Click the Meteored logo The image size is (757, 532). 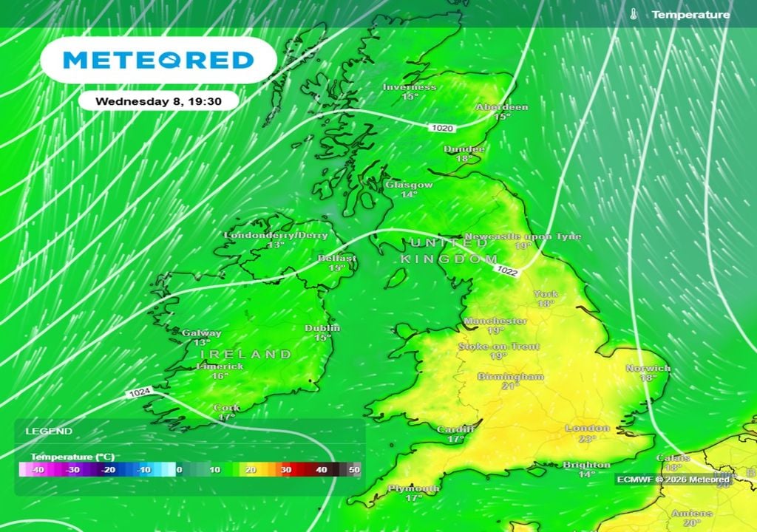pyautogui.click(x=158, y=60)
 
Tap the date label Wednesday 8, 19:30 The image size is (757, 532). pyautogui.click(x=158, y=100)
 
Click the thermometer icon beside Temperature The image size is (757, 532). pyautogui.click(x=634, y=14)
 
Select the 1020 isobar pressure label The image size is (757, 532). pyautogui.click(x=441, y=129)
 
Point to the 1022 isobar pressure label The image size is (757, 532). pyautogui.click(x=507, y=271)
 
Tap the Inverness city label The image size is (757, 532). pyautogui.click(x=409, y=87)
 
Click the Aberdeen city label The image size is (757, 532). pyautogui.click(x=502, y=107)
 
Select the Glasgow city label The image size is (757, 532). pyautogui.click(x=409, y=185)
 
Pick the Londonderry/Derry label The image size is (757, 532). pyautogui.click(x=276, y=235)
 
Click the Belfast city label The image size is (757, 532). pyautogui.click(x=336, y=259)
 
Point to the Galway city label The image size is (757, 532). pyautogui.click(x=201, y=333)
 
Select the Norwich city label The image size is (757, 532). pyautogui.click(x=648, y=368)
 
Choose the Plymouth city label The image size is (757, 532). pyautogui.click(x=413, y=488)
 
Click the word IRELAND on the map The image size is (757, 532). pyautogui.click(x=246, y=355)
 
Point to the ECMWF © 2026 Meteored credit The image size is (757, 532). pyautogui.click(x=673, y=480)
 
